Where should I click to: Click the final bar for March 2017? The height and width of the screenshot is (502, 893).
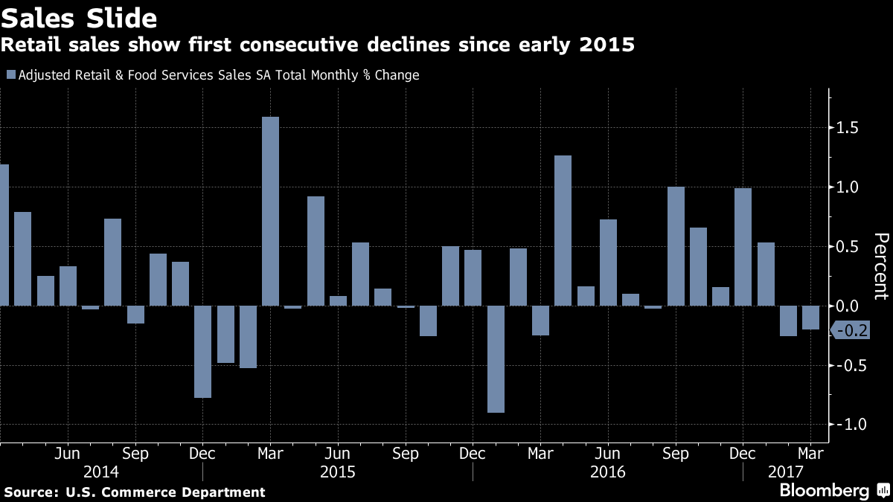[810, 318]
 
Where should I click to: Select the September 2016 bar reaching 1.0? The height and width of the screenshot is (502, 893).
[676, 246]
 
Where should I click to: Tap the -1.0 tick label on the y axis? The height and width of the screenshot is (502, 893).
[848, 425]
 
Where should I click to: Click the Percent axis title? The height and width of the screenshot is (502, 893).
[880, 266]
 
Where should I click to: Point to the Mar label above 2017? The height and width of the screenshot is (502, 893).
[810, 453]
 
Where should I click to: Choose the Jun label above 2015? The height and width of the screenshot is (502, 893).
[338, 453]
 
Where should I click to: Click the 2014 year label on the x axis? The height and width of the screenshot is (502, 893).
[100, 472]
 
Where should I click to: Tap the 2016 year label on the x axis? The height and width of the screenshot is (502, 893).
[607, 472]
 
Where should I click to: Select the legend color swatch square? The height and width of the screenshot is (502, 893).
[10, 74]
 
